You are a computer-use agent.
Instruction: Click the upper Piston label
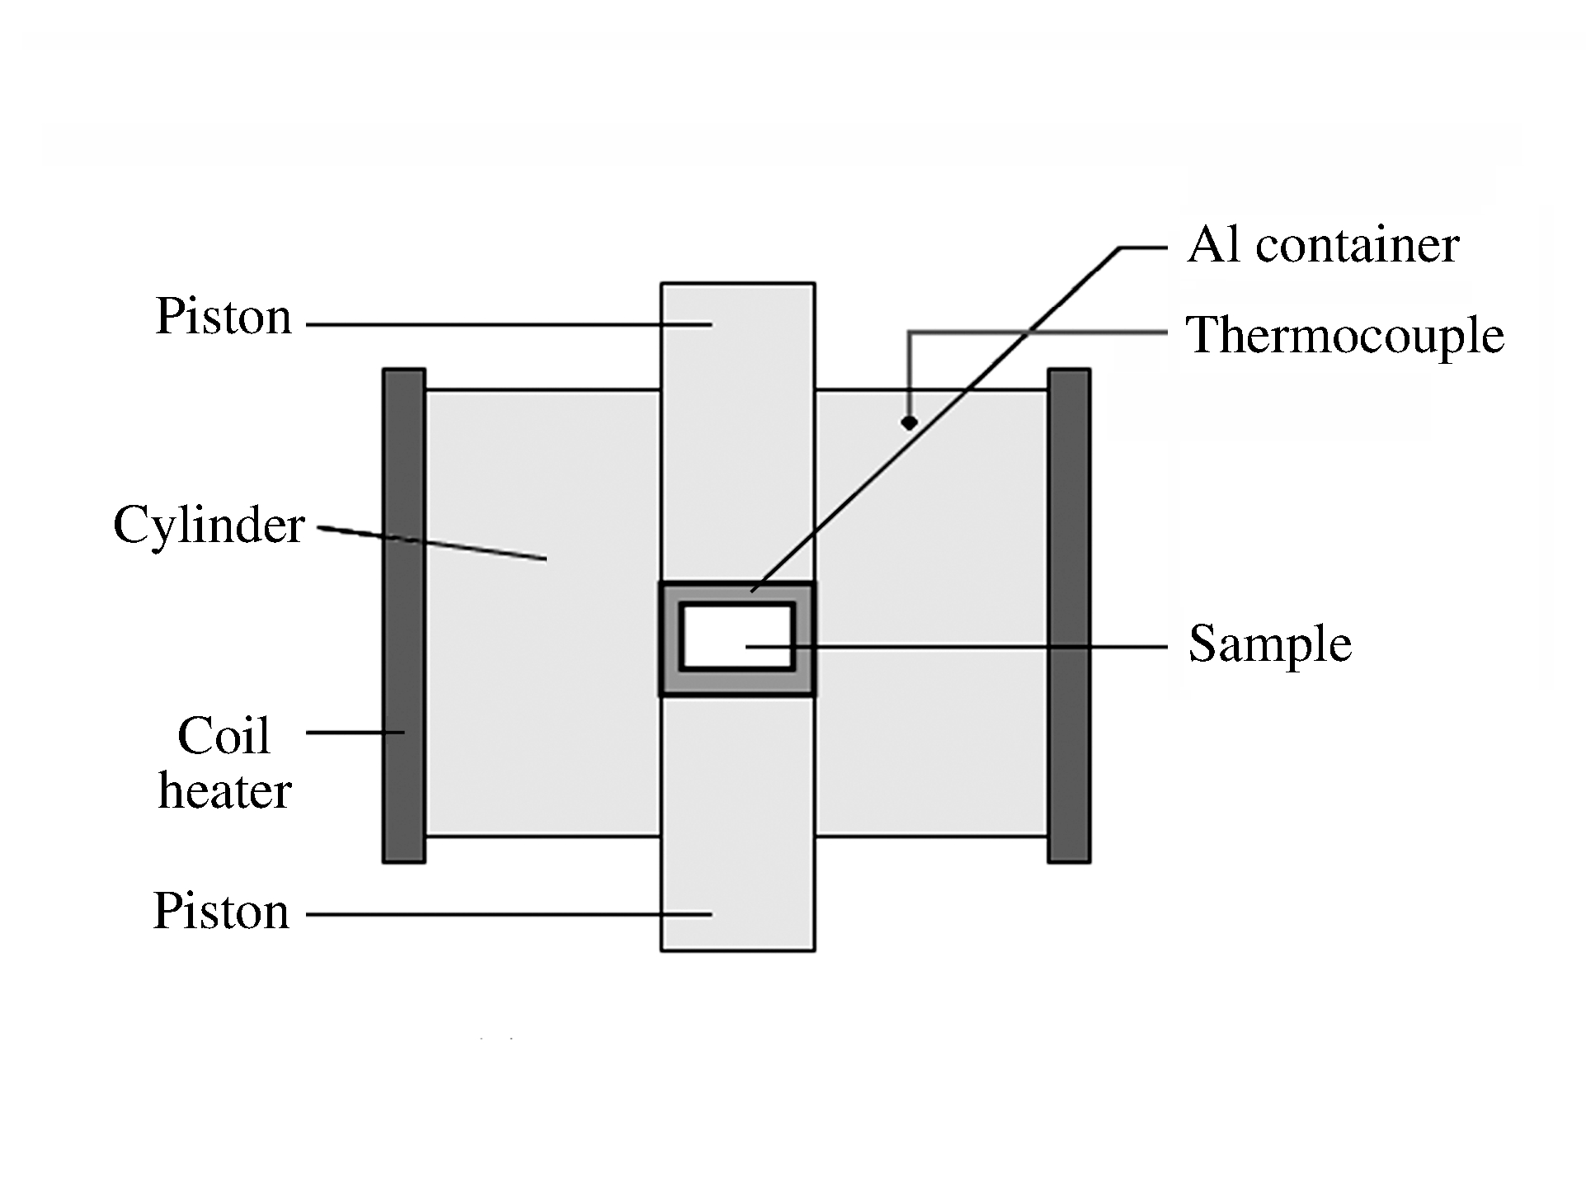pyautogui.click(x=224, y=317)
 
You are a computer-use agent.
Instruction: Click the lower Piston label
pyautogui.click(x=221, y=912)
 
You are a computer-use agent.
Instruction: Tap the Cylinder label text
pyautogui.click(x=209, y=526)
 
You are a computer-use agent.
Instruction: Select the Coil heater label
pyautogui.click(x=224, y=762)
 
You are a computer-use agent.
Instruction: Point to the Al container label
pyautogui.click(x=1323, y=245)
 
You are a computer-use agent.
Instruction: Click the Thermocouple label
pyautogui.click(x=1344, y=336)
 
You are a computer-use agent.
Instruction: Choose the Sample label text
pyautogui.click(x=1270, y=644)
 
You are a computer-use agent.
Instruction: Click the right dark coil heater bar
pyautogui.click(x=1069, y=615)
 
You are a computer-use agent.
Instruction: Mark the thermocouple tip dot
pyautogui.click(x=909, y=422)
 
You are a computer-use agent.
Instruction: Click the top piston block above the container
pyautogui.click(x=737, y=429)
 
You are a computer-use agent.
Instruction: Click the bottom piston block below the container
pyautogui.click(x=737, y=825)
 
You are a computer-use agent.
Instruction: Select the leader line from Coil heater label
pyautogui.click(x=355, y=732)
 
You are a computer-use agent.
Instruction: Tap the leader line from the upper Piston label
pyautogui.click(x=495, y=325)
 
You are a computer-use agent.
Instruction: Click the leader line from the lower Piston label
pyautogui.click(x=495, y=914)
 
